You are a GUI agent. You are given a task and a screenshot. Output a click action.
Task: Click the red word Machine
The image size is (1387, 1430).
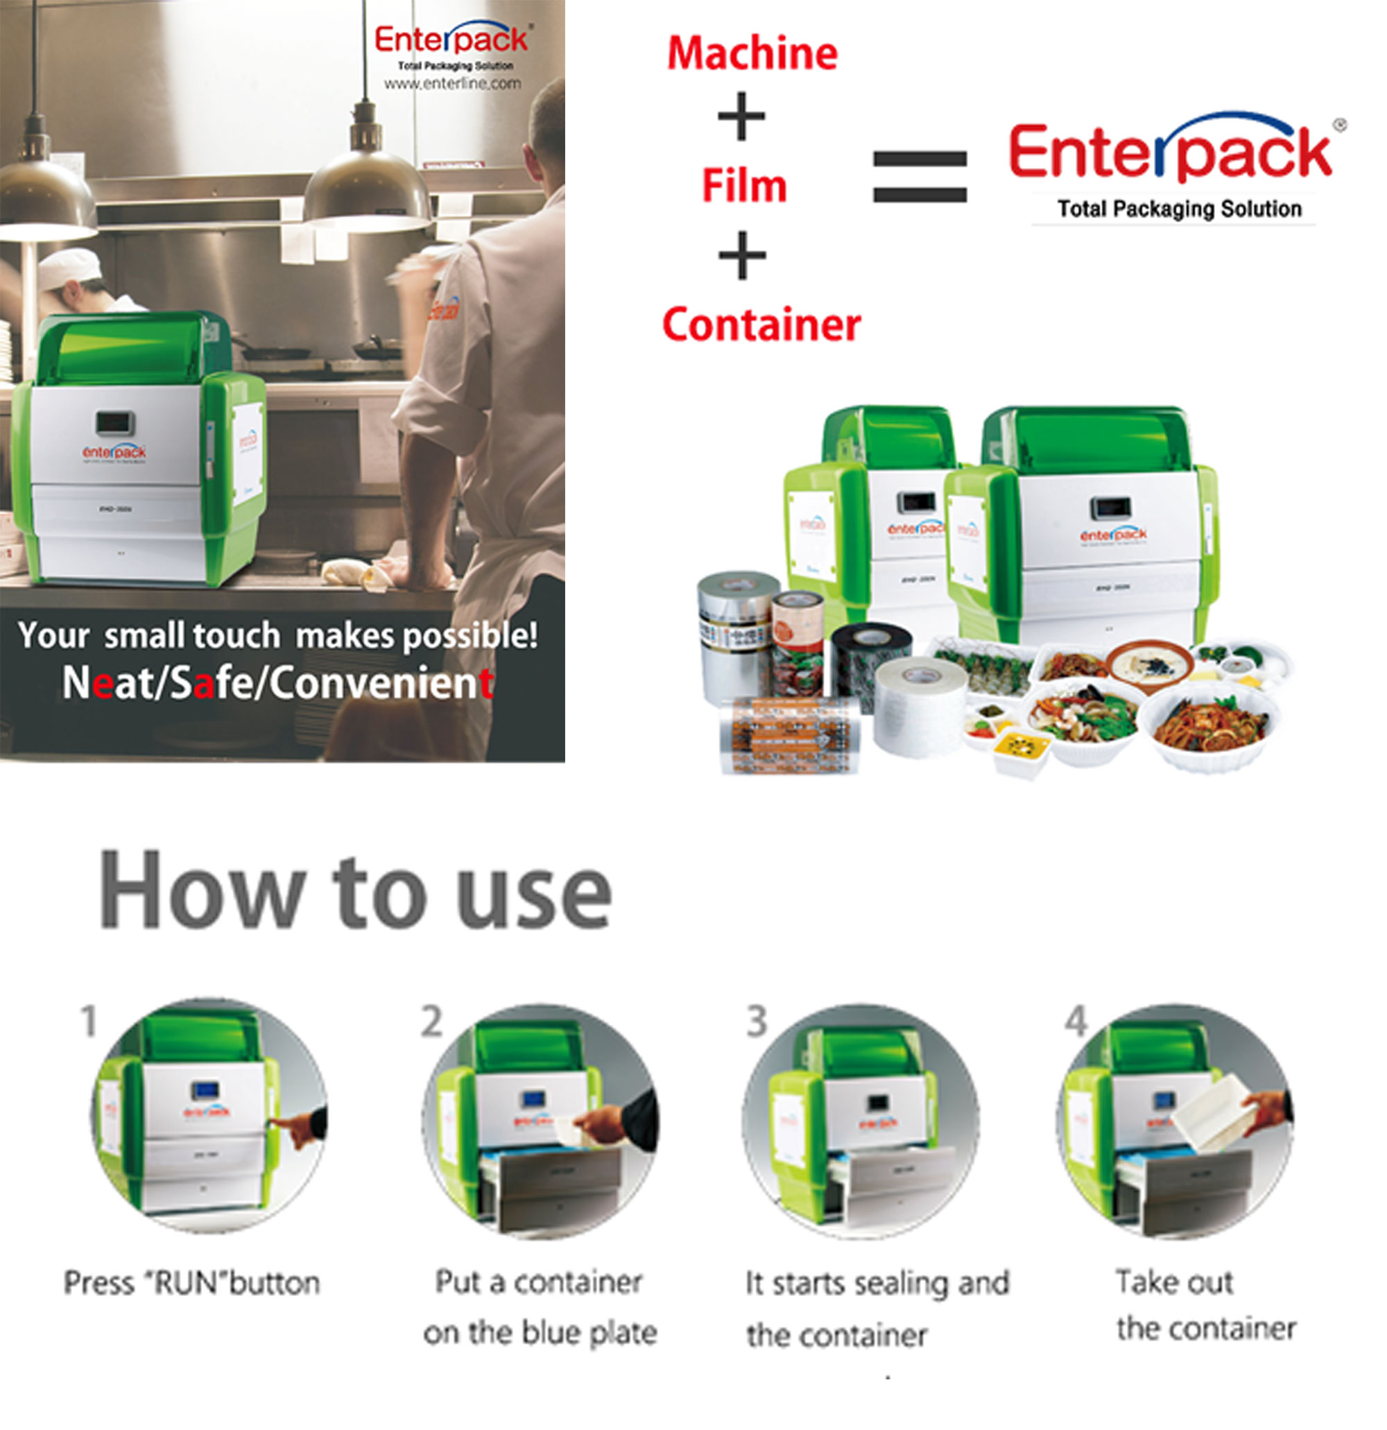pos(752,54)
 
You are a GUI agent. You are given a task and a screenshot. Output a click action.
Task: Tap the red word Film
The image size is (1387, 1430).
pos(744,185)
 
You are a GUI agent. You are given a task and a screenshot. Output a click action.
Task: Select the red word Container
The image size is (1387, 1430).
pos(761,325)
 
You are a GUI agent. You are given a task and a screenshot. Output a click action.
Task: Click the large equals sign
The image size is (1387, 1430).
pos(920,176)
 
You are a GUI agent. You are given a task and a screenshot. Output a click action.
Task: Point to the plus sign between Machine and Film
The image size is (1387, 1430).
pos(741,116)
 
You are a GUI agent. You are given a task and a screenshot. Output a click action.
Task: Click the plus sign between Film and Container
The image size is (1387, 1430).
pos(742,255)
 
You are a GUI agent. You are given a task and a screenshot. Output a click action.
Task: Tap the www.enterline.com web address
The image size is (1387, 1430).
pos(452,84)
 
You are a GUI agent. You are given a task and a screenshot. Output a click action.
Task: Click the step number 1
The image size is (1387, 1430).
pos(88,1021)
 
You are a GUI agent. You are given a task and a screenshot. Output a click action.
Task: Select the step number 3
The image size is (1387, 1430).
pos(757,1021)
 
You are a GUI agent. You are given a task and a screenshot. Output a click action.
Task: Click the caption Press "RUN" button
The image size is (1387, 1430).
pos(192,1282)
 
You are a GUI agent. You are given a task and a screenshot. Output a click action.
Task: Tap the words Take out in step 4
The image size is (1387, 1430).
pos(1174,1281)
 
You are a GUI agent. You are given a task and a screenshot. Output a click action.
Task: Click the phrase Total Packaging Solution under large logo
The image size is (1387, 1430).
pos(1179,209)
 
